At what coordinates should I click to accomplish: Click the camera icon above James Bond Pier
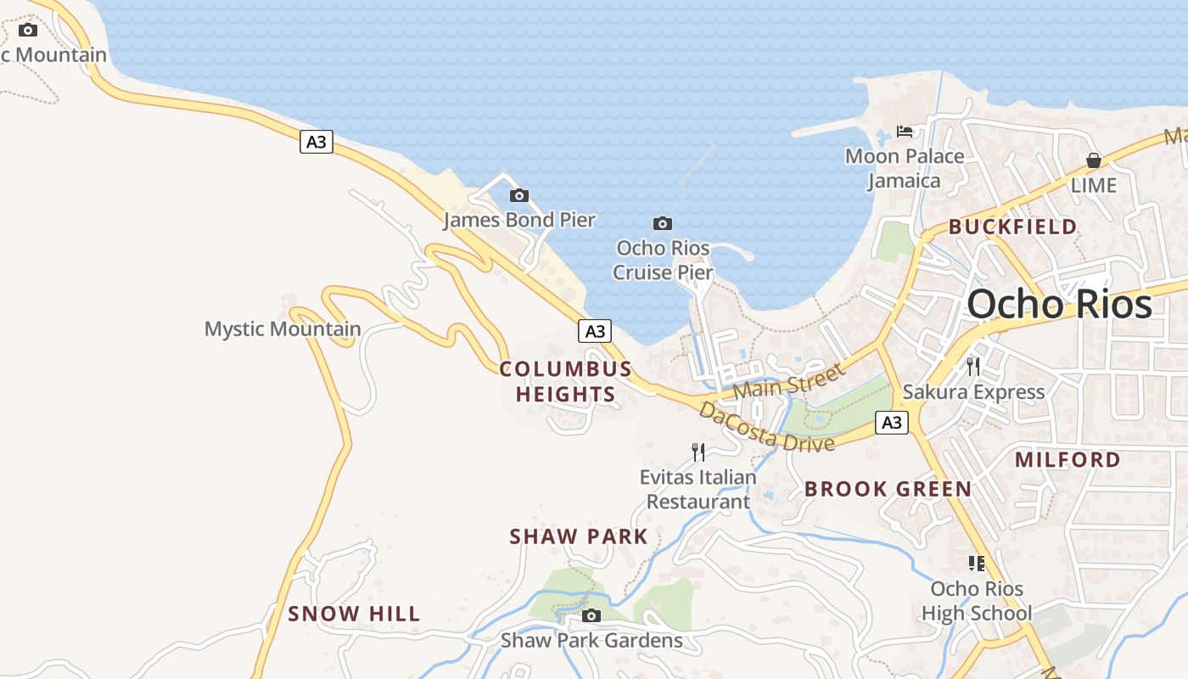point(518,195)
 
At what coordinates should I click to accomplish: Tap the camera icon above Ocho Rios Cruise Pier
point(663,223)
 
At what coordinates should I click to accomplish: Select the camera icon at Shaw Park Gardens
point(591,615)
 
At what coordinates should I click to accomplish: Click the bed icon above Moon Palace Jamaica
point(905,132)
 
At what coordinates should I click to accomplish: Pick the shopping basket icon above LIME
point(1094,160)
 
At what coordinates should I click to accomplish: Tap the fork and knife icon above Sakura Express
point(972,367)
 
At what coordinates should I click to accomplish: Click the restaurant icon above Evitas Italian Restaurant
point(698,452)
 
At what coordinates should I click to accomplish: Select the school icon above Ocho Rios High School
point(977,563)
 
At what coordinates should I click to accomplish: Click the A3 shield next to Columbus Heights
point(595,331)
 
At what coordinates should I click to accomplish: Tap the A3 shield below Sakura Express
point(892,422)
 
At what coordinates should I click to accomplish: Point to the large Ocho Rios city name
point(1060,304)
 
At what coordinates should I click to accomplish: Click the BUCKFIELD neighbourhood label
point(1012,227)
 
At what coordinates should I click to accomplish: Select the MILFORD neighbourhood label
point(1068,459)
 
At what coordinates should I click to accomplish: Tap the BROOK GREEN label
point(888,489)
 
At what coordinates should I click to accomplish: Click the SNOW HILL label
point(354,614)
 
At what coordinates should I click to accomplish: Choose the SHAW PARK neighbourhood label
point(579,536)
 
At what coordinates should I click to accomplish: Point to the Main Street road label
point(789,381)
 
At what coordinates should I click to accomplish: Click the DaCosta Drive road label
point(766,428)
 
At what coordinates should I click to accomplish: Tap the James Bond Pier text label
point(519,220)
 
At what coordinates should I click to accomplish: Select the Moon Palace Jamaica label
point(905,168)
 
